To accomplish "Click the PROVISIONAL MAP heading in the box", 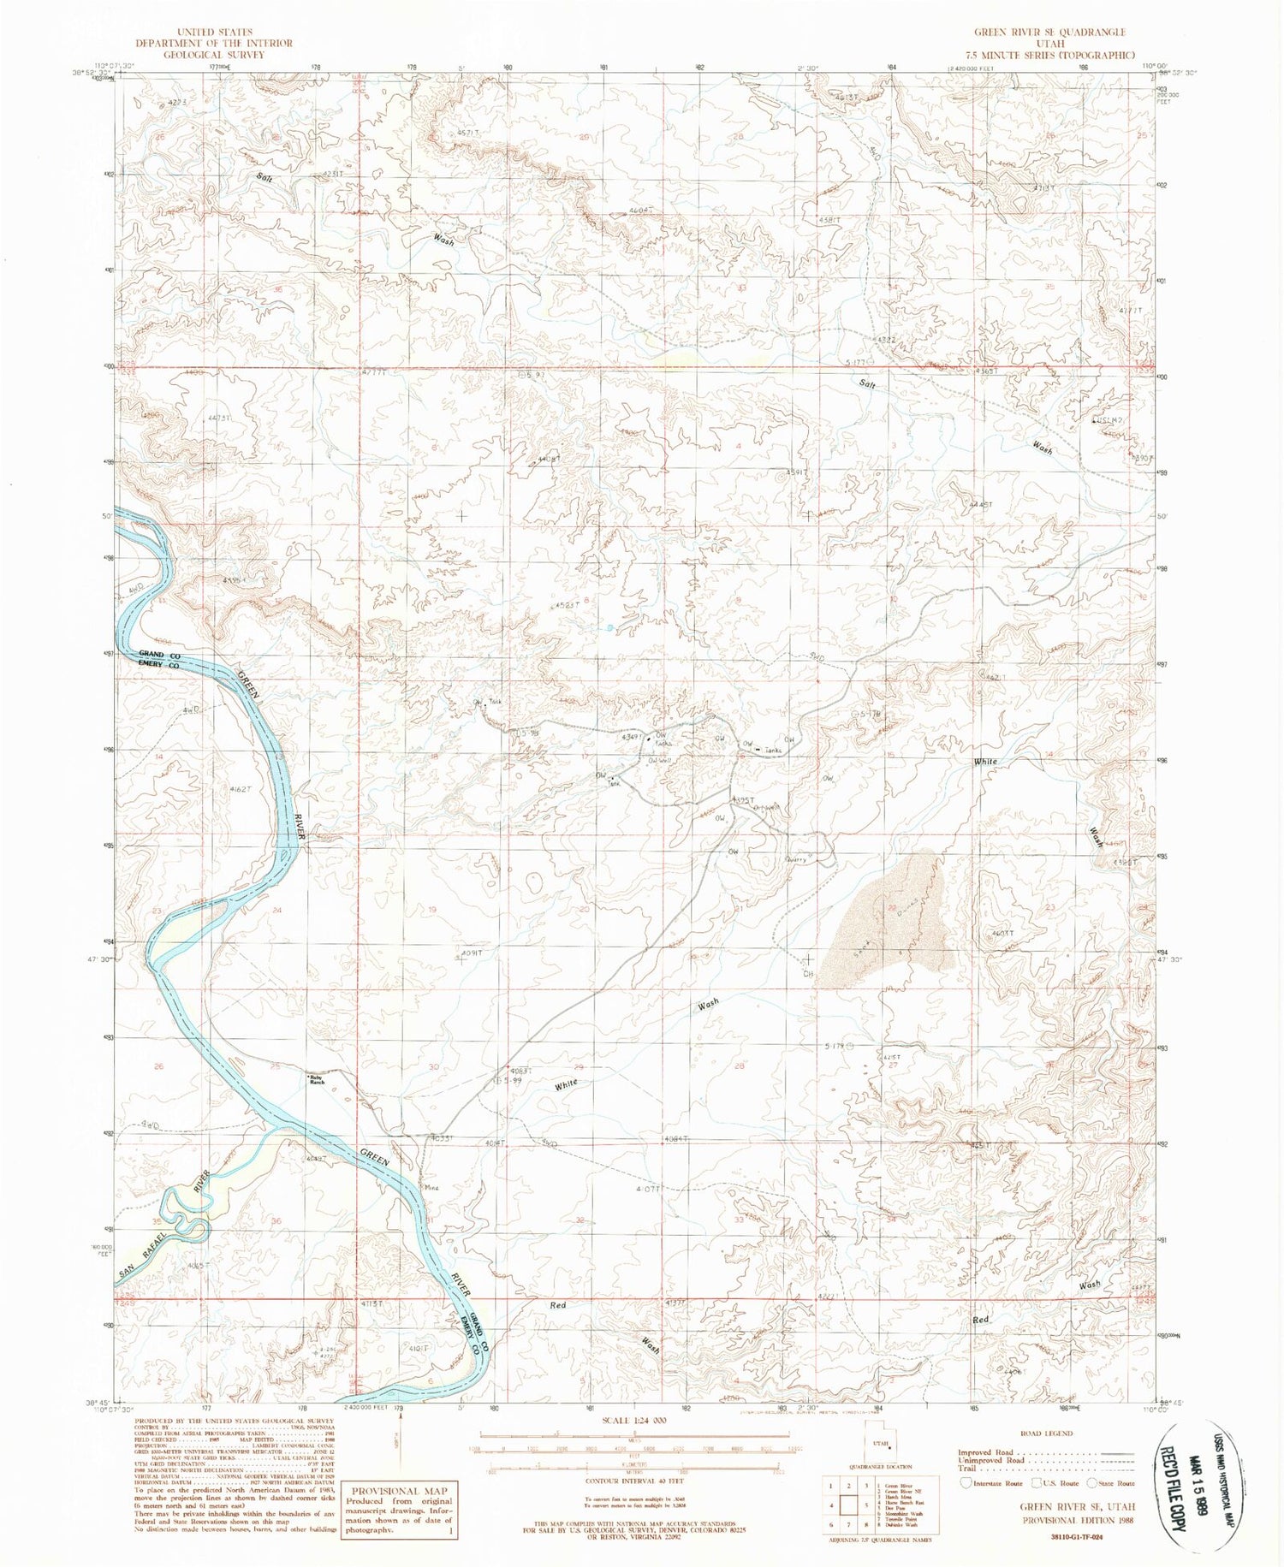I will (x=396, y=1491).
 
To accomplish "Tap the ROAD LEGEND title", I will (x=1045, y=1433).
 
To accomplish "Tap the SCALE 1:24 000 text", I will (x=633, y=1420).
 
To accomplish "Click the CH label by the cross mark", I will (x=806, y=973).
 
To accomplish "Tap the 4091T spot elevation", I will (x=472, y=952).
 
